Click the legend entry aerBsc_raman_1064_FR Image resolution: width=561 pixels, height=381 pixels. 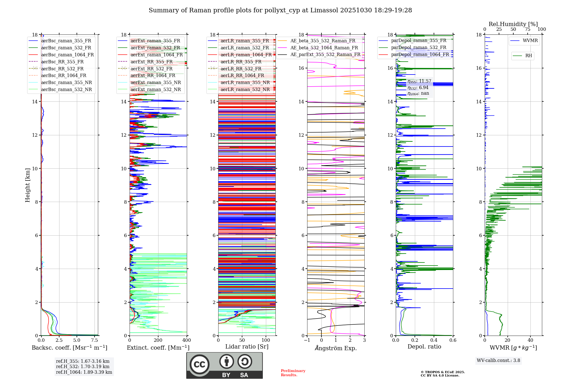(67, 55)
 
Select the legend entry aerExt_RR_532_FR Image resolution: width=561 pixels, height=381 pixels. (151, 69)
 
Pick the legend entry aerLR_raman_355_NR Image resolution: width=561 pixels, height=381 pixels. (245, 82)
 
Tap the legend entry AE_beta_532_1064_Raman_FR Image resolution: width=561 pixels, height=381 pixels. (324, 48)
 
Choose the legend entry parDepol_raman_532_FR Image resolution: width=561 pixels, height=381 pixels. (419, 48)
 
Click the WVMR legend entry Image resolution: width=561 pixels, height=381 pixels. (530, 41)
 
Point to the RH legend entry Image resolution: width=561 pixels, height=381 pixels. (528, 56)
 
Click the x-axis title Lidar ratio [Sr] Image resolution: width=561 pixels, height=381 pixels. (247, 347)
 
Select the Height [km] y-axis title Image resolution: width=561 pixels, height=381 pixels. (27, 185)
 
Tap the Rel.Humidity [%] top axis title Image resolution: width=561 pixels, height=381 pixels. (513, 24)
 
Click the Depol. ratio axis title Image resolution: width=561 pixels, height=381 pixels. (424, 347)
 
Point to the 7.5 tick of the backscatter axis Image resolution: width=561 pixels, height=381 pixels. (95, 340)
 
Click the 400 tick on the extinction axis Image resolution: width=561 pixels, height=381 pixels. (187, 340)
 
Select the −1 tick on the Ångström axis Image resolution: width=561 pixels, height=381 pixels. (307, 340)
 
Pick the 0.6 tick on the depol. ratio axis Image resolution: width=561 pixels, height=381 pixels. (453, 340)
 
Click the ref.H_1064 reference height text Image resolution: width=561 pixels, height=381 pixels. (84, 372)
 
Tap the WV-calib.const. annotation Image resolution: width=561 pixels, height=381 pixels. (498, 360)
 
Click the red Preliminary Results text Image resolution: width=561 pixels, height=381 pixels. (293, 373)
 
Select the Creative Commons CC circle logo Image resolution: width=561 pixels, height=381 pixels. (199, 364)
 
